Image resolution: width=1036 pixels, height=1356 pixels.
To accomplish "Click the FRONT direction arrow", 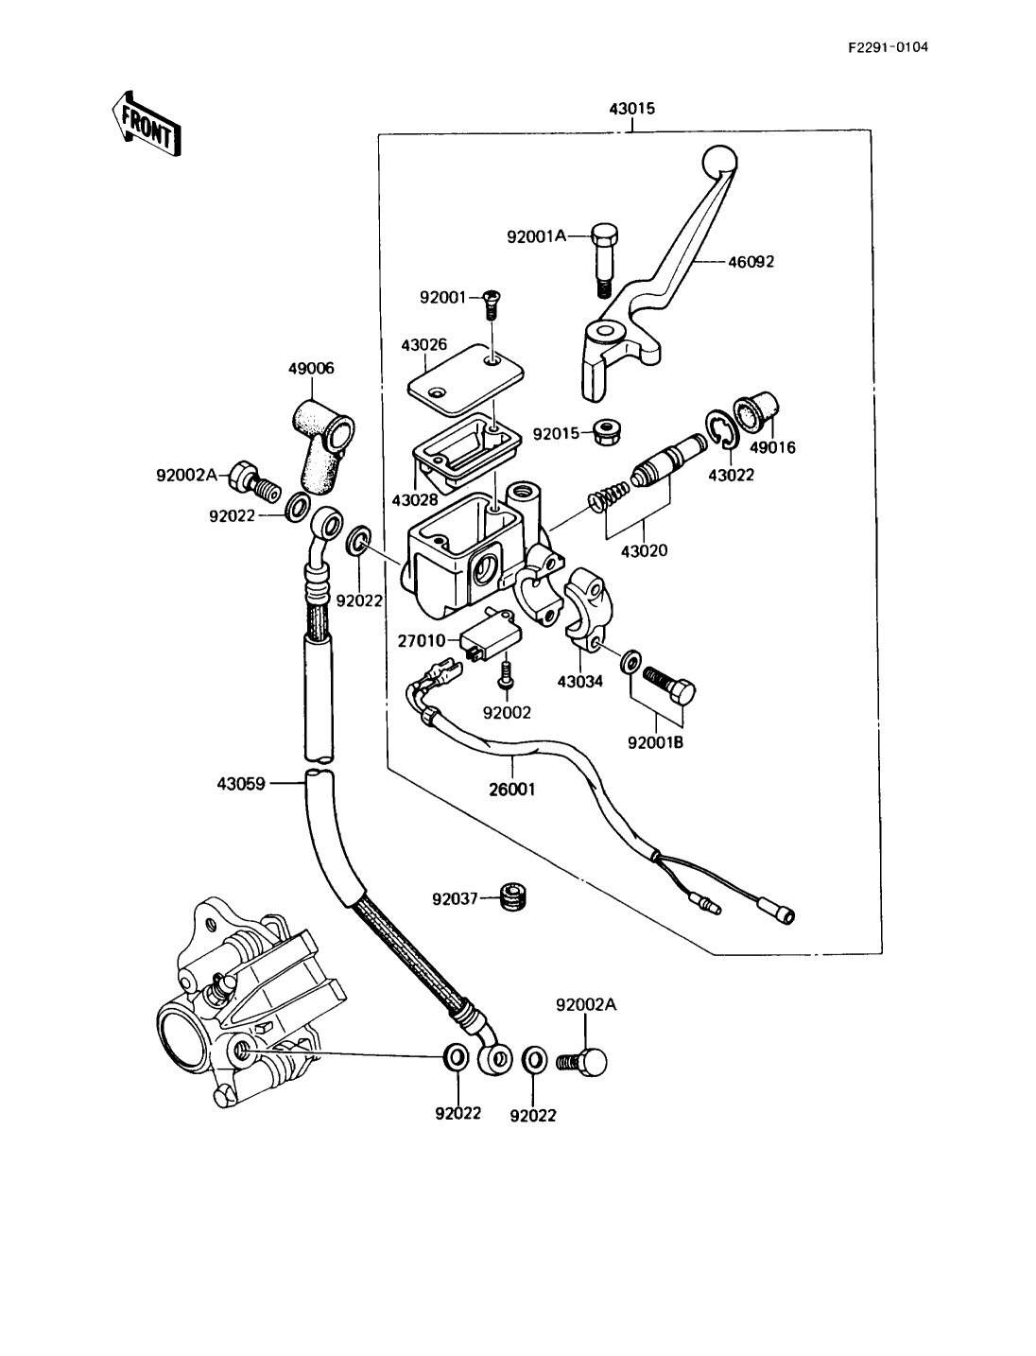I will point(145,122).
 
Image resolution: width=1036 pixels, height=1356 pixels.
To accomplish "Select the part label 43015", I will point(631,110).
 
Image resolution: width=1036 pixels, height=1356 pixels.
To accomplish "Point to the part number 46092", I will point(751,262).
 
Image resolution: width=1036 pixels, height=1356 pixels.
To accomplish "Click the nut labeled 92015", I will point(603,435).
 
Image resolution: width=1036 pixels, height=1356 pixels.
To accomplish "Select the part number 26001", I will point(511,788).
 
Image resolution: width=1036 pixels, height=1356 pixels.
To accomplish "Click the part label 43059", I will point(241,783).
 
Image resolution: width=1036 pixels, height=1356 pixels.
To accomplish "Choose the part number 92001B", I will point(655,742).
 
